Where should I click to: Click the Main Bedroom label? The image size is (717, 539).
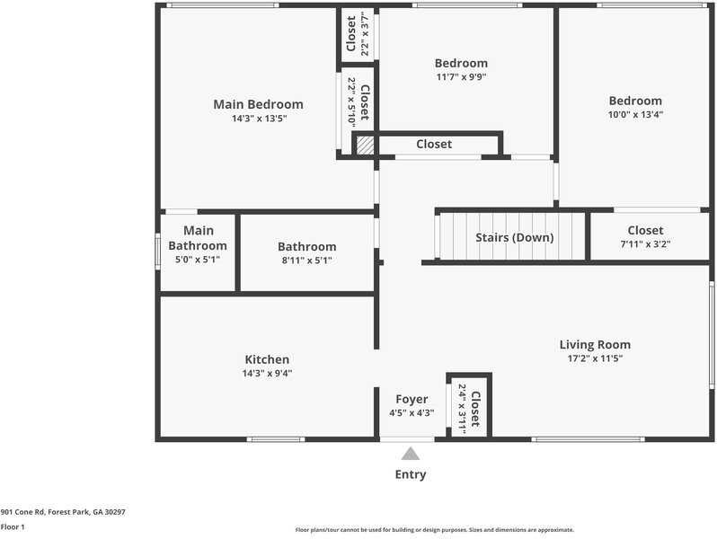pos(259,104)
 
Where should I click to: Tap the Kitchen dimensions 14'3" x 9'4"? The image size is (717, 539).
pos(267,374)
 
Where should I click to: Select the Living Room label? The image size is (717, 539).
pos(595,345)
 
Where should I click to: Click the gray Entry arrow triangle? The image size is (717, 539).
pos(411,454)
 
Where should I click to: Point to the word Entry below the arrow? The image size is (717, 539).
pos(411,474)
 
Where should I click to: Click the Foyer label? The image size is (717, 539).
pos(412,399)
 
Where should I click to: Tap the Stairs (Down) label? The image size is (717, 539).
pos(515,238)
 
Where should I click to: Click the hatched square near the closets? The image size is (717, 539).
pos(365,145)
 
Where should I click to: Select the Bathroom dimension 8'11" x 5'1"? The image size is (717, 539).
pos(306,261)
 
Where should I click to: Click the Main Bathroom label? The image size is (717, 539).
pos(198,238)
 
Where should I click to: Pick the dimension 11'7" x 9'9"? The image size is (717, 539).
pos(461,76)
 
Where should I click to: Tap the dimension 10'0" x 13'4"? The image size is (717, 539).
pos(635,114)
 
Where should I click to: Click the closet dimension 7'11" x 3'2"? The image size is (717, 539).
pos(645,244)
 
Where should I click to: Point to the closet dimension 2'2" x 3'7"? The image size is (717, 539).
pos(365,34)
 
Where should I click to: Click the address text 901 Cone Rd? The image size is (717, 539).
pos(22,512)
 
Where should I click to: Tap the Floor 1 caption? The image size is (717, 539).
pos(13,526)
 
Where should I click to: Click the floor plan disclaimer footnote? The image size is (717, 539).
pos(434,530)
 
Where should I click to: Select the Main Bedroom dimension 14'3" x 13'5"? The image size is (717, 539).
pos(259,119)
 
